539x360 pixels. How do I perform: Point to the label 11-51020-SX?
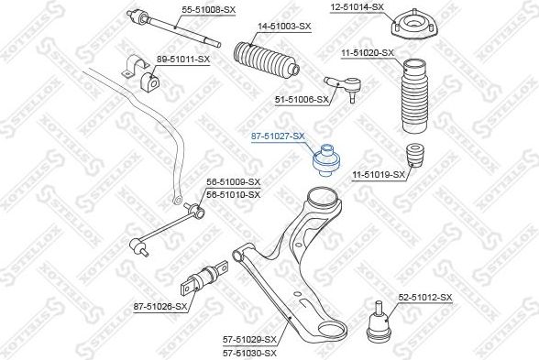pos(367,54)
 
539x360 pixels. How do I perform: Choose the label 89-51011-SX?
pos(182,59)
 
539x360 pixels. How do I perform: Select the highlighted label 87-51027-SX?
pos(278,136)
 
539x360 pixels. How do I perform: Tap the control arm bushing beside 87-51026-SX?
pos(208,274)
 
